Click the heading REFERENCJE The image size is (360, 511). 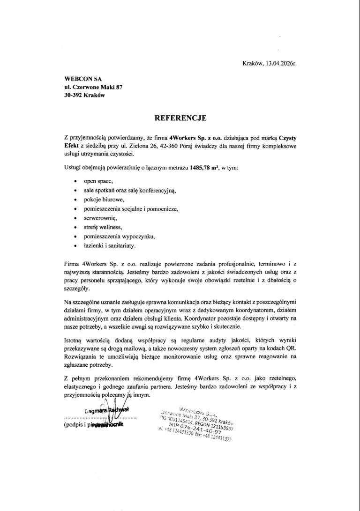(180, 119)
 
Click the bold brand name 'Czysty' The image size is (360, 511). (285, 138)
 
